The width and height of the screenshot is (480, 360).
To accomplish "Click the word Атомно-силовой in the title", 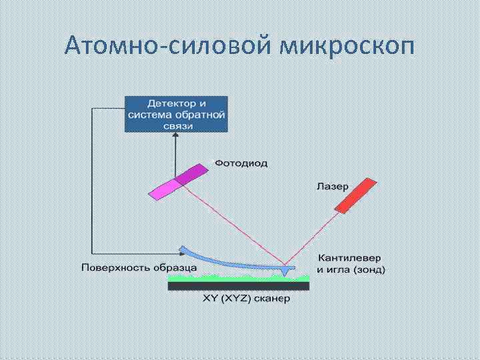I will [169, 48].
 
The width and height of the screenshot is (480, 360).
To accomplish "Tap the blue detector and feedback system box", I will [176, 114].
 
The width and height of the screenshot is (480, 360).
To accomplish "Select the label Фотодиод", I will [241, 163].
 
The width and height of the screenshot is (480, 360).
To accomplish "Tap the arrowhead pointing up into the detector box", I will [175, 136].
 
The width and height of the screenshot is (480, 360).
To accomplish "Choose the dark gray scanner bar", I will [238, 285].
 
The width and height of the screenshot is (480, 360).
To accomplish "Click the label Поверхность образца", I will [139, 268].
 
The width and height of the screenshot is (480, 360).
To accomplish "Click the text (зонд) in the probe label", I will [371, 270].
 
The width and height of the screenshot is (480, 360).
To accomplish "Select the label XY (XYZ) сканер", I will [247, 298].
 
